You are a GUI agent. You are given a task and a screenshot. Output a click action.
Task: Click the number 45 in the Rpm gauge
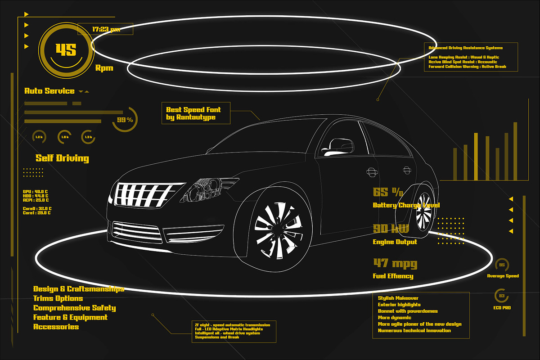click(66, 49)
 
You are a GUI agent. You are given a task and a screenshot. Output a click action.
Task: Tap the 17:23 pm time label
click(106, 29)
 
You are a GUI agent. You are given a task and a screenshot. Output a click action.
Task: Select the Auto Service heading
click(49, 91)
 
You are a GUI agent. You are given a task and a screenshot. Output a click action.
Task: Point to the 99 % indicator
click(125, 120)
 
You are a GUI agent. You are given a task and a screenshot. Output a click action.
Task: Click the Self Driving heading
click(62, 158)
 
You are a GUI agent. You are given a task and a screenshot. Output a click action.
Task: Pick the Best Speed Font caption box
click(196, 113)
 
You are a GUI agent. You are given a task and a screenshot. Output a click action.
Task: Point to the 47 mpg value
click(395, 263)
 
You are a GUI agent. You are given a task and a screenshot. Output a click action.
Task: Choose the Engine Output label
click(395, 242)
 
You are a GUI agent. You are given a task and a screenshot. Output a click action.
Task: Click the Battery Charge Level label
click(406, 205)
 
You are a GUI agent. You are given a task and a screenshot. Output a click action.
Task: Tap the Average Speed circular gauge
click(502, 265)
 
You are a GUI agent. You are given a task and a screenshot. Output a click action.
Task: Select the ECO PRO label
click(501, 308)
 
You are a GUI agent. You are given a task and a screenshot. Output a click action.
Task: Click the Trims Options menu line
click(58, 298)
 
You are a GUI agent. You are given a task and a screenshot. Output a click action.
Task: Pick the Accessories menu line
click(56, 327)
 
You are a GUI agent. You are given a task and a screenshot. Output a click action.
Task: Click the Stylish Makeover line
click(398, 298)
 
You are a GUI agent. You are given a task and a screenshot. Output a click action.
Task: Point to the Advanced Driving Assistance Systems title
click(465, 48)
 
